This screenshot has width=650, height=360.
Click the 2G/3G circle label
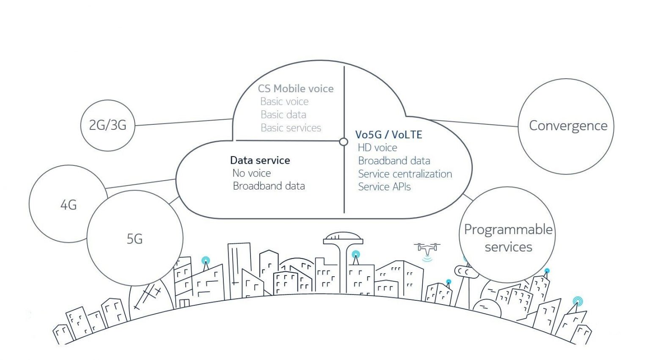click(107, 125)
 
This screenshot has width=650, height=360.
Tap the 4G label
click(69, 205)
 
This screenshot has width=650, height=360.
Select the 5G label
click(135, 239)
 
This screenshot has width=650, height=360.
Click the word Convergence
click(568, 126)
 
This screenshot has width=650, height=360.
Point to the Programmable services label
click(508, 238)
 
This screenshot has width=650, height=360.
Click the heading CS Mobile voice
click(296, 88)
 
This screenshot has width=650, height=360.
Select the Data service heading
click(260, 160)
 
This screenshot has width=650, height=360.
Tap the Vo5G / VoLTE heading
click(388, 135)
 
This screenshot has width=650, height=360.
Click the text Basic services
click(291, 128)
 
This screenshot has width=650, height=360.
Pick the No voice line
click(252, 173)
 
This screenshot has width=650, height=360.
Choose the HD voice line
click(377, 148)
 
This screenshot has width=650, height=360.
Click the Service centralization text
click(405, 174)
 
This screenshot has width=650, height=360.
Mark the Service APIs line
click(384, 187)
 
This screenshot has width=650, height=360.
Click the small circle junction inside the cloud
click(344, 142)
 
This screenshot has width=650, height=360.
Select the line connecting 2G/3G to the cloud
click(184, 122)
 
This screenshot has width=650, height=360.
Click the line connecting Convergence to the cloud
click(474, 123)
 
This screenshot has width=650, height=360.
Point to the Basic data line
click(283, 115)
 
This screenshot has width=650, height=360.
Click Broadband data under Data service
click(269, 186)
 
